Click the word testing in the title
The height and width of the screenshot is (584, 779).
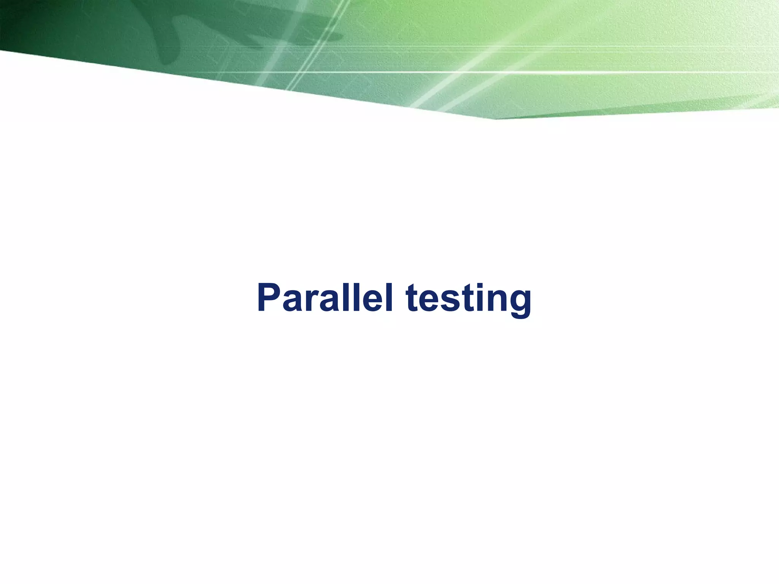(x=468, y=299)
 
